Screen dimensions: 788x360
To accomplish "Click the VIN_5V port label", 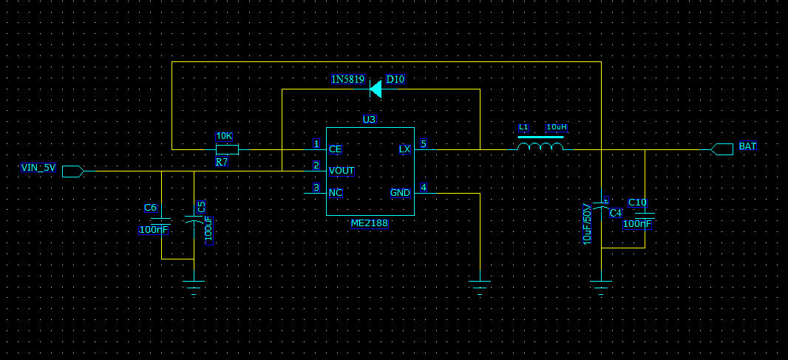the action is click(x=38, y=168).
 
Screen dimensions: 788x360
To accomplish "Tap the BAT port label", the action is click(x=747, y=147).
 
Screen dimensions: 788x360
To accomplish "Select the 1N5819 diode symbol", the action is click(x=376, y=89).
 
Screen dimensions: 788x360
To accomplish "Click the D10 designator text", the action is click(x=395, y=79).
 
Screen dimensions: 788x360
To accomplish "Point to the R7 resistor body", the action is click(x=227, y=149).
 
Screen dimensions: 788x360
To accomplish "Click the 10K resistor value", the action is click(x=224, y=137).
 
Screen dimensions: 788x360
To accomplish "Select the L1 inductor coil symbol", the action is click(x=541, y=146).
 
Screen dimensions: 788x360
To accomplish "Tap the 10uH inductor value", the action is click(x=557, y=128).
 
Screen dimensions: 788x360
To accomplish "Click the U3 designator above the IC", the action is click(x=370, y=120).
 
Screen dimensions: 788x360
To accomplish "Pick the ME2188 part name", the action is click(x=370, y=223).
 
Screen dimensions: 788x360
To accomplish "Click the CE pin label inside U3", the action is click(x=335, y=149).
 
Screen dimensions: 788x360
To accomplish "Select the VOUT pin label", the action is click(x=342, y=171).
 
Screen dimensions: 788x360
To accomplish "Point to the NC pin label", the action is click(x=336, y=193).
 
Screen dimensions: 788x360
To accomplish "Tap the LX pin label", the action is click(x=404, y=149).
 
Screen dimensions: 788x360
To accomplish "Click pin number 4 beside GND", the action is click(x=424, y=188).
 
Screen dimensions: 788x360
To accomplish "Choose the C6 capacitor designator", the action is click(x=151, y=208).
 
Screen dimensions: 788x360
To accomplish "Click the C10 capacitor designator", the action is click(x=638, y=203).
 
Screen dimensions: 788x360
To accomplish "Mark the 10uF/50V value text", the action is click(x=588, y=223).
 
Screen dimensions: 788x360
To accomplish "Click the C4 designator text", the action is click(x=616, y=213).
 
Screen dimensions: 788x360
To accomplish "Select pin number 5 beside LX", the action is click(x=424, y=144).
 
